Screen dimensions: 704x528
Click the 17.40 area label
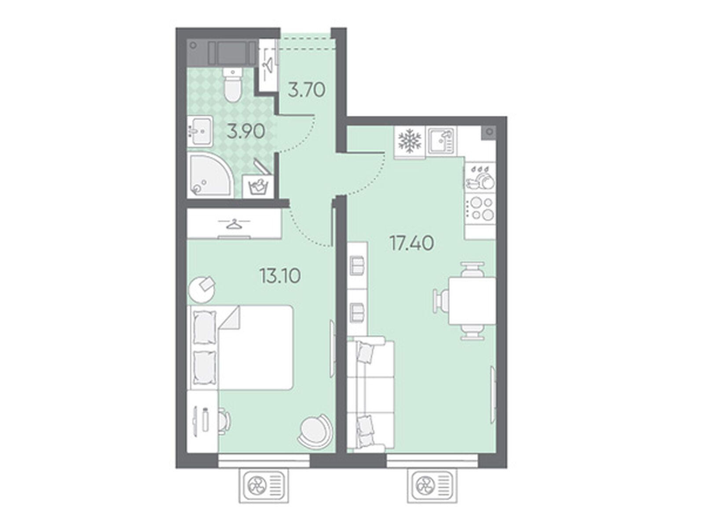tap(412, 243)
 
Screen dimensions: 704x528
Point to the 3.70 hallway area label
tap(307, 90)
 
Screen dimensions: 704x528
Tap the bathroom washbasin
tap(199, 132)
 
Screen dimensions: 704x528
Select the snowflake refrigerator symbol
tap(409, 141)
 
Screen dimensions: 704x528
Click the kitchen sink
tap(441, 141)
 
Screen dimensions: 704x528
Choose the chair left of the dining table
tap(440, 301)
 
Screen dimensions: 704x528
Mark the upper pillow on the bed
tap(205, 328)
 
